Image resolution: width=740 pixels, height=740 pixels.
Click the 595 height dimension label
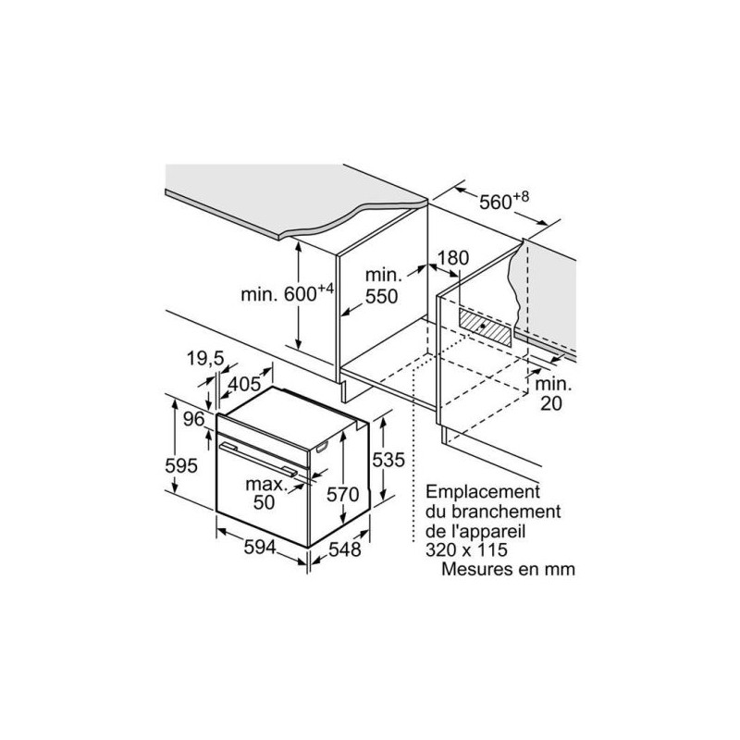pyautogui.click(x=181, y=466)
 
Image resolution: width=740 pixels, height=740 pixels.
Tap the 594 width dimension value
pyautogui.click(x=260, y=547)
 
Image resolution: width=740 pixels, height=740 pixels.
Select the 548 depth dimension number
pyautogui.click(x=344, y=549)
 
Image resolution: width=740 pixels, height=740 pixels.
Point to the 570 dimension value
pyautogui.click(x=343, y=494)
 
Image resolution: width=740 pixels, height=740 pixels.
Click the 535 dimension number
pyautogui.click(x=388, y=460)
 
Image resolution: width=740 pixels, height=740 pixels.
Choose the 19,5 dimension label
pyautogui.click(x=205, y=359)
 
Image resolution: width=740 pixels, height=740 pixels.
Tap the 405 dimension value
pyautogui.click(x=244, y=384)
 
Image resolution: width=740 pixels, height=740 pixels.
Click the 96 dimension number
pyautogui.click(x=194, y=419)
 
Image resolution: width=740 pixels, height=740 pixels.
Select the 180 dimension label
pyautogui.click(x=453, y=258)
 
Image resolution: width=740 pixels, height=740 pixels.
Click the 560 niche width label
pyautogui.click(x=504, y=200)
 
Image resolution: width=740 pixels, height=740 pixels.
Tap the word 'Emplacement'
pyautogui.click(x=482, y=492)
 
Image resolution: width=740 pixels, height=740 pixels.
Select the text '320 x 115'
pyautogui.click(x=466, y=549)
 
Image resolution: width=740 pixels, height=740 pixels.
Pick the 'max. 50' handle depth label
pyautogui.click(x=265, y=493)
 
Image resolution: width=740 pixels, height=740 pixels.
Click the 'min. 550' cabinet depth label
pyautogui.click(x=382, y=286)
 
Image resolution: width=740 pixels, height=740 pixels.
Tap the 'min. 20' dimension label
pyautogui.click(x=552, y=394)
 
